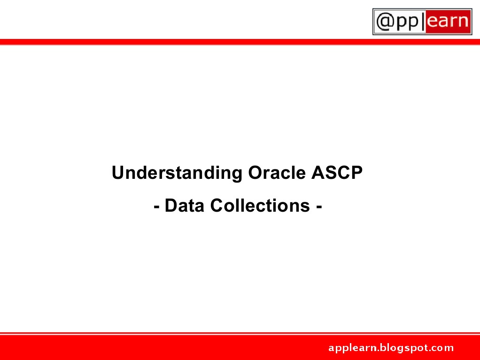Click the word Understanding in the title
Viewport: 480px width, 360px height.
coord(177,173)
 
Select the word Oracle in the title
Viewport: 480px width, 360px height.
coord(277,173)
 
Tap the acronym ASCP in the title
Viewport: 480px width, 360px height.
coord(337,173)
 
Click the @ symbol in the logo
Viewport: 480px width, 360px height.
coord(384,22)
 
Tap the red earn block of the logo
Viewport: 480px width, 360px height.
coord(448,22)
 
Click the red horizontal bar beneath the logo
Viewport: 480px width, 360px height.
coord(188,42)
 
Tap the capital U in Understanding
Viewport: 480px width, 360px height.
coord(117,173)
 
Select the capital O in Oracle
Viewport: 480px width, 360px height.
coord(254,173)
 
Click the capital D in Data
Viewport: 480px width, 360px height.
coord(170,206)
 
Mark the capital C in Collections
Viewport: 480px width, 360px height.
coord(217,206)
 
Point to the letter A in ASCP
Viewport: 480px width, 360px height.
coord(317,173)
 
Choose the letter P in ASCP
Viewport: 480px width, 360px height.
coord(357,173)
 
